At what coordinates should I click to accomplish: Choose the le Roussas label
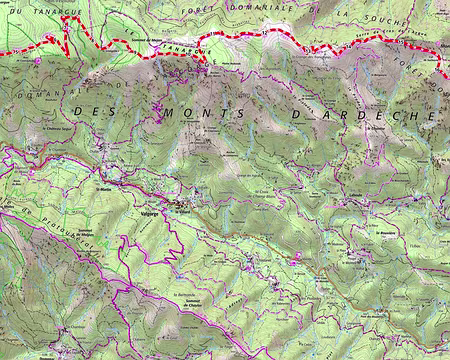point(387,232)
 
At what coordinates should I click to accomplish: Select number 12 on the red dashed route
point(264,33)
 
